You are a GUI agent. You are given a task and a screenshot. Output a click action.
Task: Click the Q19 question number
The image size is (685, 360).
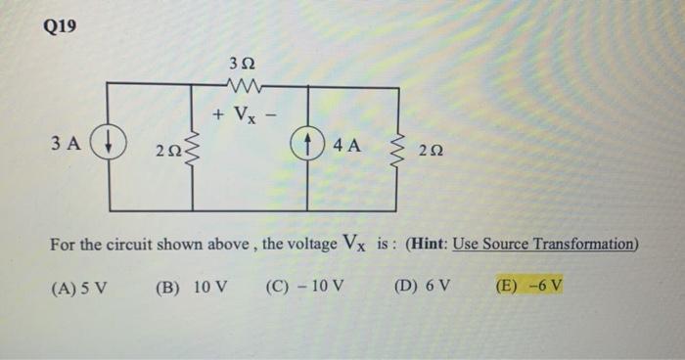pos(61,26)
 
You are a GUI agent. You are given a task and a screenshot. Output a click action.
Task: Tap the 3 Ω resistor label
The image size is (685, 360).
pos(241,64)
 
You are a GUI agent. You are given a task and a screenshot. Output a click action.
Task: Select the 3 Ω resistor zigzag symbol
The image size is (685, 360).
pos(241,85)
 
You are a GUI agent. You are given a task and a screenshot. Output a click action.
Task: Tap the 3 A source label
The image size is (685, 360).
pos(66,145)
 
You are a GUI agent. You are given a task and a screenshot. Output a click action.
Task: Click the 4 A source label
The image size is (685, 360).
pos(346,146)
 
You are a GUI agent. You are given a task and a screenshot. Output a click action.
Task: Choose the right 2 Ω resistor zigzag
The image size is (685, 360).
pos(398,150)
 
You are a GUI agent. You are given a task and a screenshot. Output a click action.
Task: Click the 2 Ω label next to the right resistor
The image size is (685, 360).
pos(432,151)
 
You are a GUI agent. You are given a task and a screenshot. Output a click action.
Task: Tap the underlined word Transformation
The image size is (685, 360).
pos(586,244)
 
